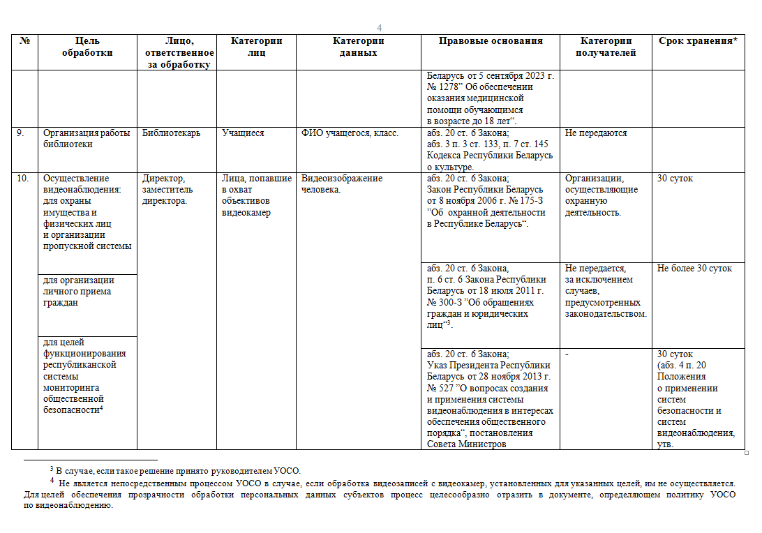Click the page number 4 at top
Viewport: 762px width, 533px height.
pos(380,28)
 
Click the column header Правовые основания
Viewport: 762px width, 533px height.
pos(491,41)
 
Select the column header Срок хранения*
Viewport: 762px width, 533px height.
pos(698,41)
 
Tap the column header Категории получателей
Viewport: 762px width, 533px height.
pos(606,47)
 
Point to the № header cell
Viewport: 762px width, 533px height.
pos(24,41)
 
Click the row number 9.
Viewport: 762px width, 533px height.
pos(22,133)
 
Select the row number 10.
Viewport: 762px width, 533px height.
pos(23,179)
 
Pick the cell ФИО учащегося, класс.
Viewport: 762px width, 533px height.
pos(350,133)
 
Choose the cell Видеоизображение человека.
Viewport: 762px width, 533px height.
pos(342,184)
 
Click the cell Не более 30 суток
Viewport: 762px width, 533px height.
pos(694,269)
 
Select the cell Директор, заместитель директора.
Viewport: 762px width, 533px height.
pos(168,190)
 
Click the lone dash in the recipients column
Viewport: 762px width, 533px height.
pos(567,354)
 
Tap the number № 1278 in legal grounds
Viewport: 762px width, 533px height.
pos(444,87)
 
